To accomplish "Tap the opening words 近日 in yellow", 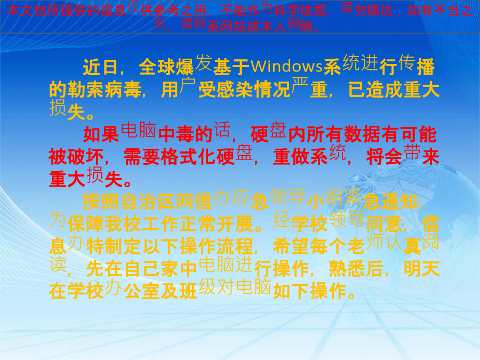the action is coord(100,67).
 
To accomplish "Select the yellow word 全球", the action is coord(157,67).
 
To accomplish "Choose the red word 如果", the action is coord(101,134).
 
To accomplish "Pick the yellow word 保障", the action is coord(86,224).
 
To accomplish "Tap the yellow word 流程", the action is coord(235,246).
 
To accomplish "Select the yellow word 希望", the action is coord(291,246).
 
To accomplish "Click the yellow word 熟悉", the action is coord(347,269).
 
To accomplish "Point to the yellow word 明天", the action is coord(421,269).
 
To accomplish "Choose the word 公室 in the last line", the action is coord(141,291).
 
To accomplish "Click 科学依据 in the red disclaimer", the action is coord(300,11).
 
